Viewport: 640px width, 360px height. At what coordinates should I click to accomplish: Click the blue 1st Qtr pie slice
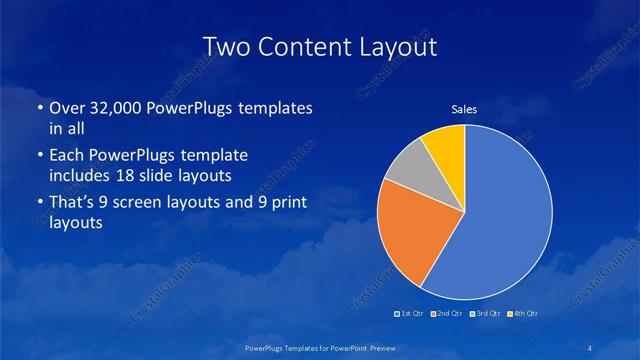click(x=500, y=215)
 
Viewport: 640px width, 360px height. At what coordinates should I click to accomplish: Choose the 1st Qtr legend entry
click(x=409, y=314)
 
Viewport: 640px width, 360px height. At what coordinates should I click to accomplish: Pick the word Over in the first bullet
click(x=66, y=108)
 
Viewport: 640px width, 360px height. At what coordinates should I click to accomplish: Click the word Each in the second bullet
click(x=66, y=156)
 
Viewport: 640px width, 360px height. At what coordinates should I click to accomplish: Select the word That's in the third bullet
click(x=73, y=203)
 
